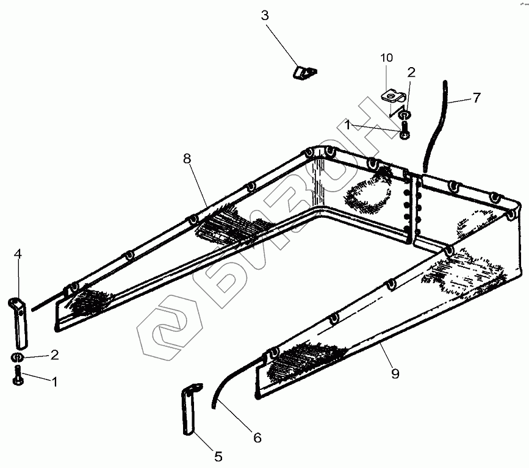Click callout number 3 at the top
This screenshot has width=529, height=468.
265,15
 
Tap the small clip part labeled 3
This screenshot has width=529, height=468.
304,73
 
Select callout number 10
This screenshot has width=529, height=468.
387,59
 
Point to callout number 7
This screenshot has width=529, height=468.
476,98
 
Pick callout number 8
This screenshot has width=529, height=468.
187,159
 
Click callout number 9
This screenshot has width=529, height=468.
395,373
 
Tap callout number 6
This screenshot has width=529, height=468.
257,437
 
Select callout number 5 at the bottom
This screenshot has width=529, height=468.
218,455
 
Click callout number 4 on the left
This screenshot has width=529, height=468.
18,254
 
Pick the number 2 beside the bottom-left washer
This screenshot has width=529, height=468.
54,355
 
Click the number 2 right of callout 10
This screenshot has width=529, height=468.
411,73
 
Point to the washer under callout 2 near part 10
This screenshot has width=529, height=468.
404,114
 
